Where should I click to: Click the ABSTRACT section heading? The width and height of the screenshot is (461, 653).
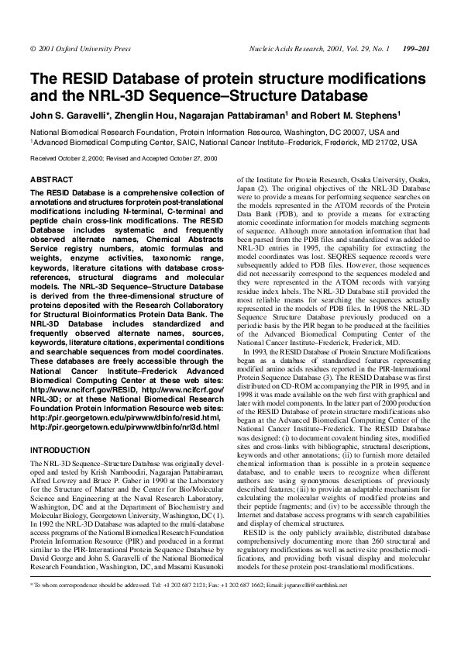(51, 179)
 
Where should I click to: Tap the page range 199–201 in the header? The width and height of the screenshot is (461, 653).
(417, 49)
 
